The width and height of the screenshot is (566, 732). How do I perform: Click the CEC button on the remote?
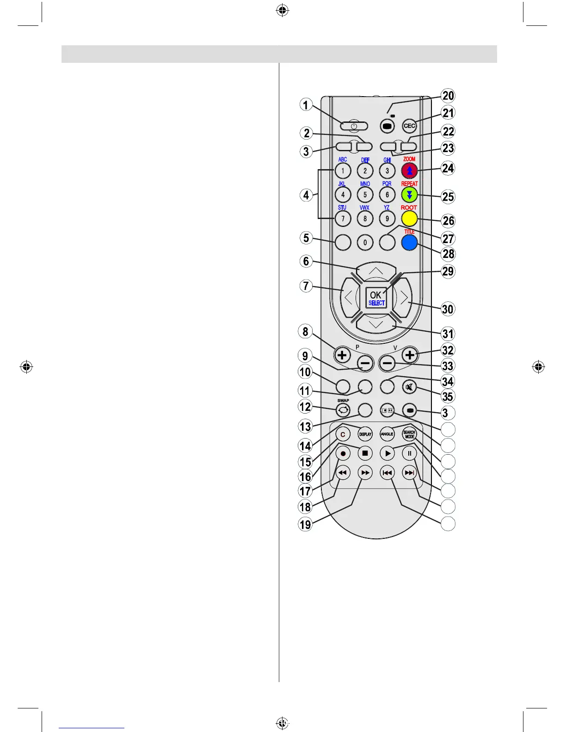(x=409, y=126)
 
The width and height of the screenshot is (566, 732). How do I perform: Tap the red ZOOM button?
(x=409, y=171)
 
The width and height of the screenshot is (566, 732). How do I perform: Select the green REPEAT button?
(x=409, y=195)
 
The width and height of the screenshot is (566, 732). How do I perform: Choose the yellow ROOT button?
(x=409, y=218)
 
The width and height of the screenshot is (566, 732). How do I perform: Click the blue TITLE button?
(x=409, y=242)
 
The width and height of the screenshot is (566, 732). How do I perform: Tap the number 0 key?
(x=365, y=242)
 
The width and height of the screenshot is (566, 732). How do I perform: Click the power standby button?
(x=354, y=126)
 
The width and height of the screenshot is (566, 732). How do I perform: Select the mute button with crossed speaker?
(x=409, y=386)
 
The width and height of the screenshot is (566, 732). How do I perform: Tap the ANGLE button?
(x=387, y=434)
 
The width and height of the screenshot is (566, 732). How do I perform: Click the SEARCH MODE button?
(x=409, y=434)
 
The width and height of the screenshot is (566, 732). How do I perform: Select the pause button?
(x=409, y=453)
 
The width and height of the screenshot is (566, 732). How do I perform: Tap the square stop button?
(x=365, y=453)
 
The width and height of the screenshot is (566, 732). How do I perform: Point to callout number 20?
(x=448, y=96)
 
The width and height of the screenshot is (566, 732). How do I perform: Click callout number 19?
(x=305, y=524)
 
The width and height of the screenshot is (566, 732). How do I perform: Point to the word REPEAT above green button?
(x=409, y=184)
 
